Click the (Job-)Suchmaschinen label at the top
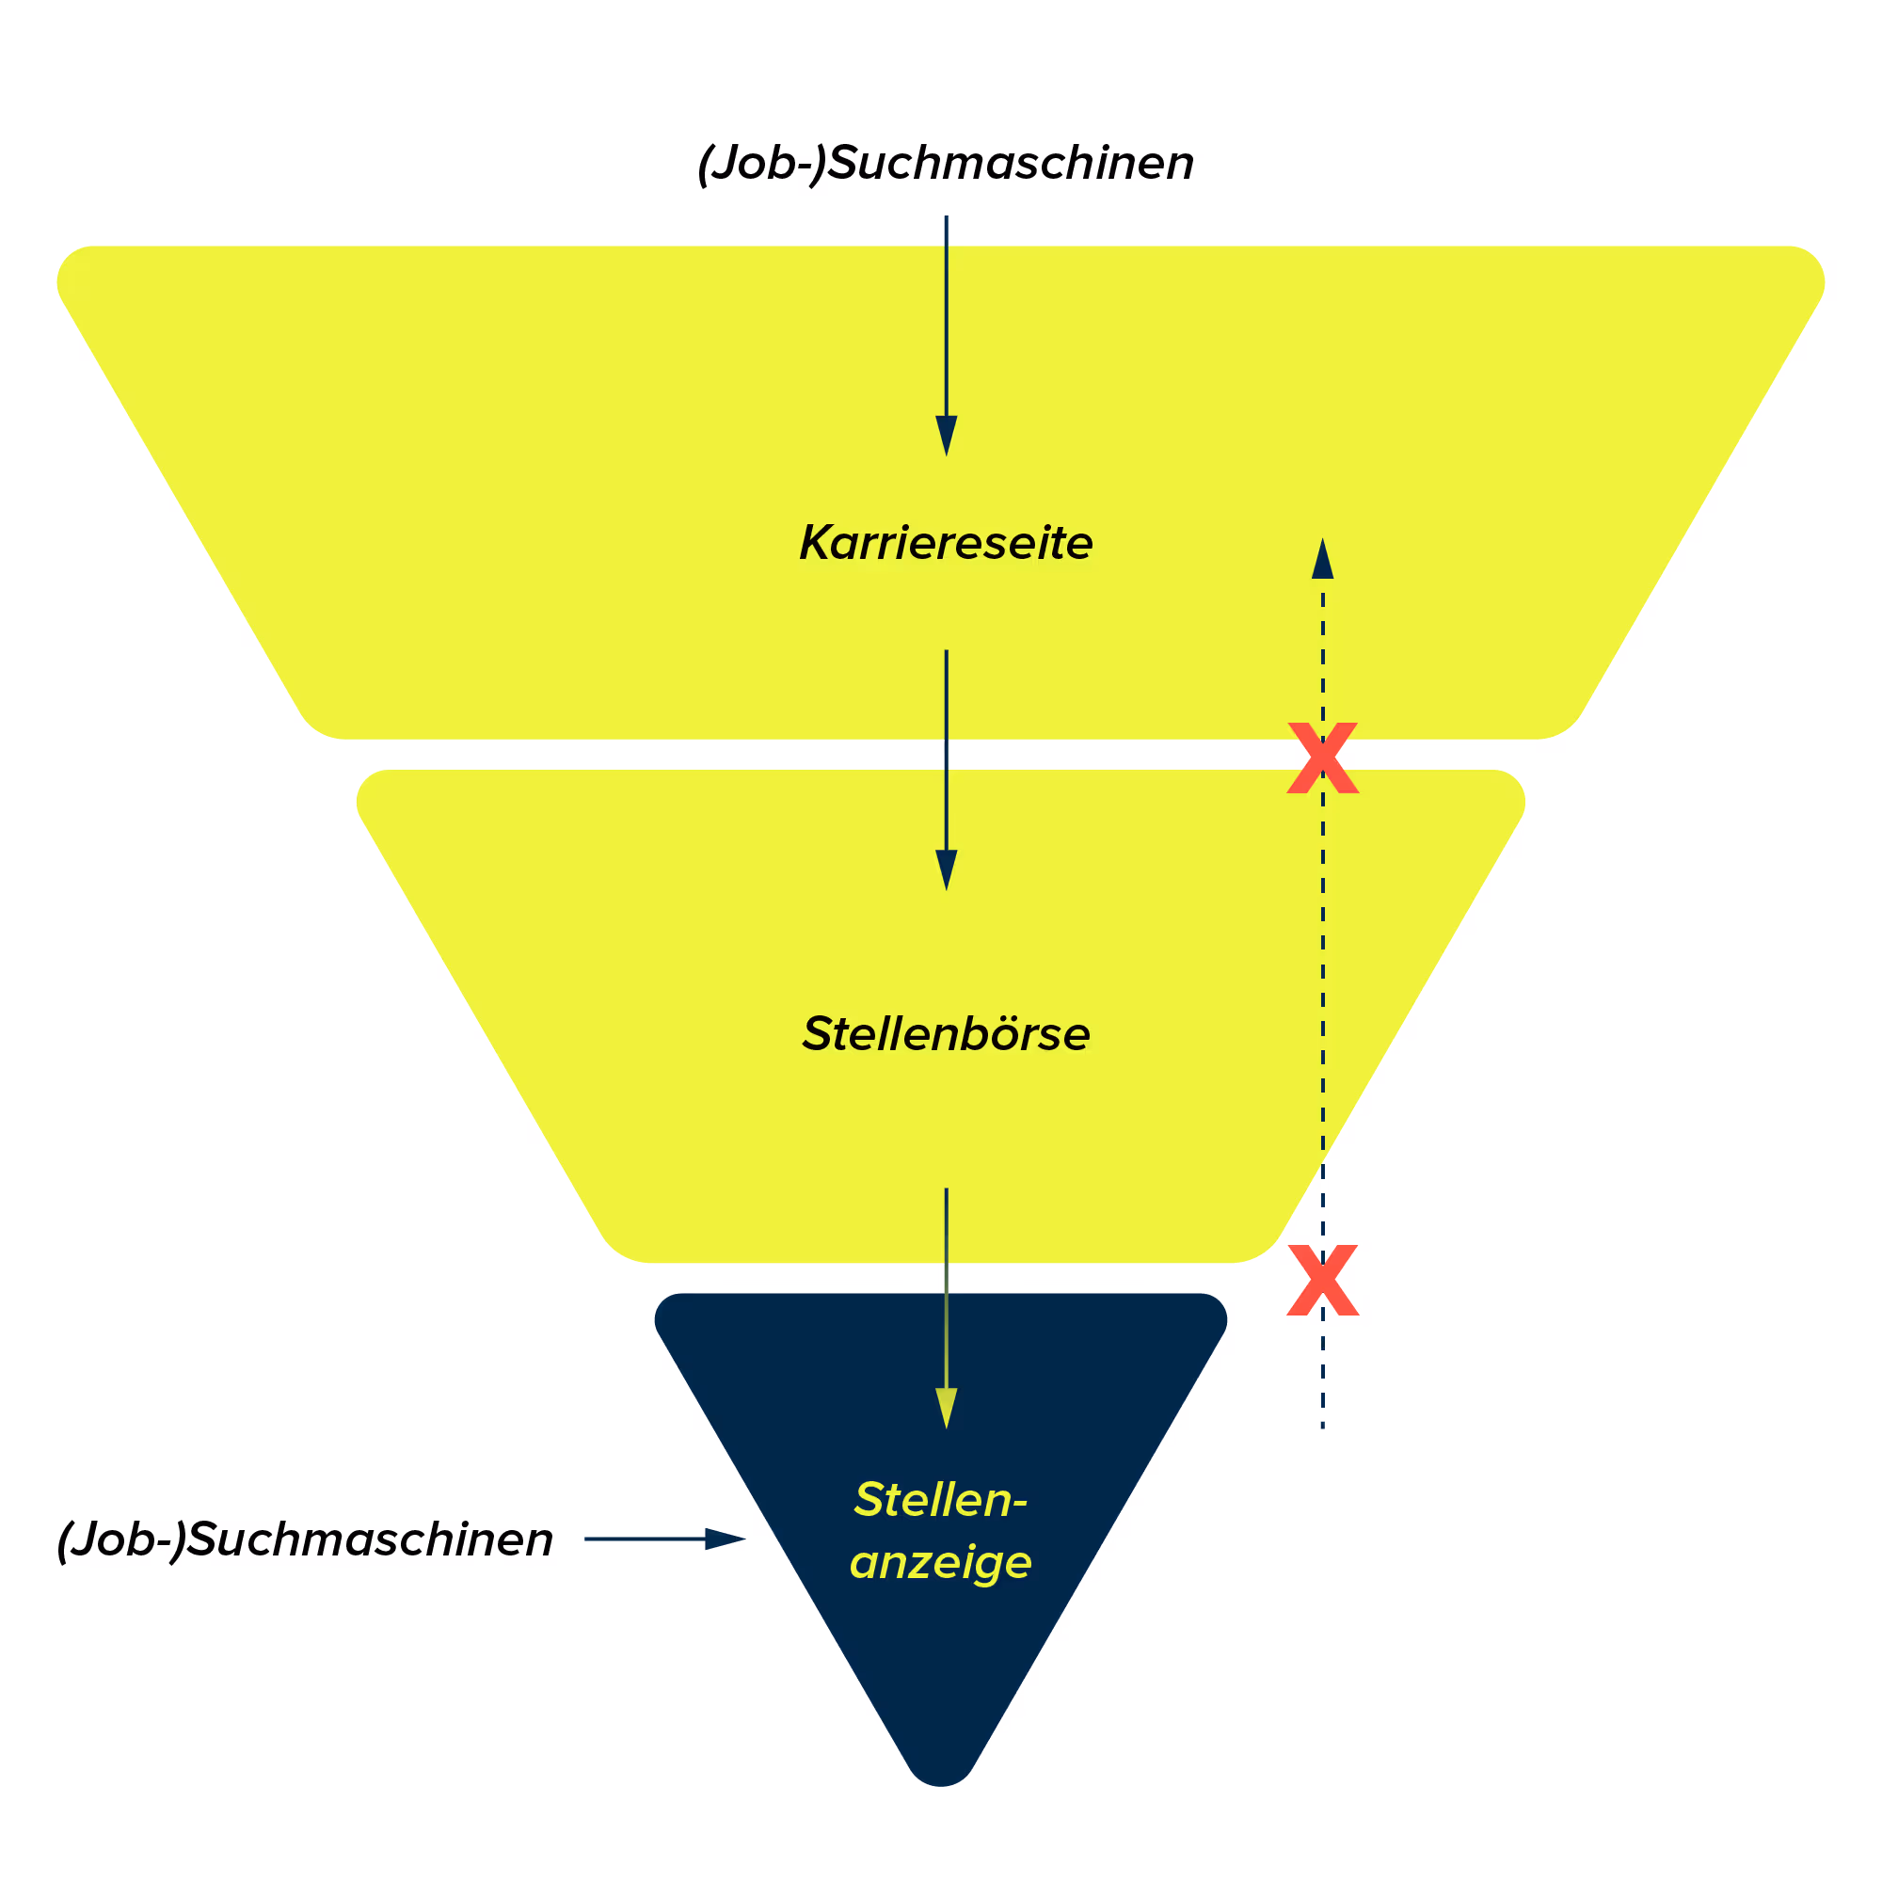[x=945, y=163]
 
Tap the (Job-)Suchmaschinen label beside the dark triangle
[x=305, y=1539]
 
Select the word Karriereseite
[x=945, y=543]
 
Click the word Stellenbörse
[x=945, y=1033]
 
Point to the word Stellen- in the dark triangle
[x=940, y=1499]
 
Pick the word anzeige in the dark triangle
[x=940, y=1562]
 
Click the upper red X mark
[x=1322, y=758]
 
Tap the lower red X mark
[x=1322, y=1280]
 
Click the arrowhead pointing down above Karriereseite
[x=946, y=436]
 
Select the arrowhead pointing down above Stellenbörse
[x=946, y=869]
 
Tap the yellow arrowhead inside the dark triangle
[x=946, y=1408]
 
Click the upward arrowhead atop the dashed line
[x=1322, y=560]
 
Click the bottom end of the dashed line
[x=1322, y=1427]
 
